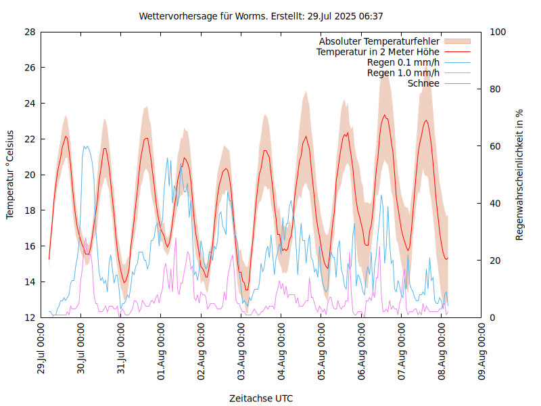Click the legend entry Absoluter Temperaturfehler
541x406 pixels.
pyautogui.click(x=379, y=41)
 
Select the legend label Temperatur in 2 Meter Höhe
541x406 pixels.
pyautogui.click(x=378, y=51)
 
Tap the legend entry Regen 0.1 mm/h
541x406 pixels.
pyautogui.click(x=403, y=62)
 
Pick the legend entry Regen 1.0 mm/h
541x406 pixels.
pyautogui.click(x=403, y=73)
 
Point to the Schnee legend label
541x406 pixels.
pyautogui.click(x=424, y=83)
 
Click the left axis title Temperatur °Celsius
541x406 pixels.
pyautogui.click(x=10, y=174)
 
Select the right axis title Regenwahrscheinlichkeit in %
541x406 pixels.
pyautogui.click(x=520, y=175)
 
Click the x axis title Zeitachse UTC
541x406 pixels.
pyautogui.click(x=261, y=398)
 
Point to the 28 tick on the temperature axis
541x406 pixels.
pyautogui.click(x=30, y=32)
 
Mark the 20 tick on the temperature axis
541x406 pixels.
pyautogui.click(x=30, y=175)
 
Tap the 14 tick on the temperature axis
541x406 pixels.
pyautogui.click(x=30, y=281)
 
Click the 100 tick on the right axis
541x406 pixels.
pyautogui.click(x=497, y=32)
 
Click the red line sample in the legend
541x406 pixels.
pyautogui.click(x=456, y=51)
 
